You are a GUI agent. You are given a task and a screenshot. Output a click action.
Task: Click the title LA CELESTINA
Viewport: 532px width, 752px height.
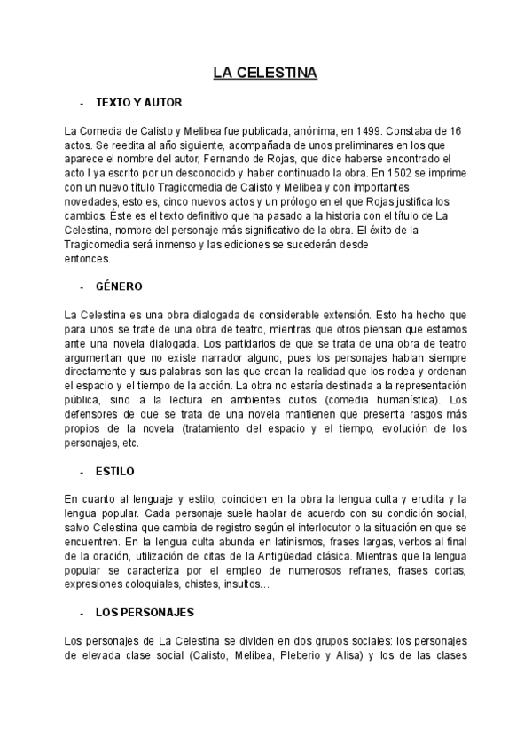(x=265, y=72)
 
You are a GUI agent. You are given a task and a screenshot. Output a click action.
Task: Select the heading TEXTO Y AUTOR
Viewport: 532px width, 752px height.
(x=138, y=103)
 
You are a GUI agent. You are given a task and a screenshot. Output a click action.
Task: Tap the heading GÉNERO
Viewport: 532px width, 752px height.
(x=119, y=286)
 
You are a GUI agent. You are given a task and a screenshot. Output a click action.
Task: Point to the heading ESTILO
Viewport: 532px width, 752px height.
(x=115, y=471)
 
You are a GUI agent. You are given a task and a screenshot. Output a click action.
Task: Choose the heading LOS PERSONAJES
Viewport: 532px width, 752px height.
(x=145, y=613)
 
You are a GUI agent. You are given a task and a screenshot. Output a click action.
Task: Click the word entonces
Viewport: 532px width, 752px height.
(x=88, y=258)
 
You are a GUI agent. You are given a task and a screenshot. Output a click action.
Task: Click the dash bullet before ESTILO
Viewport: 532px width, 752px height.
(x=82, y=472)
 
